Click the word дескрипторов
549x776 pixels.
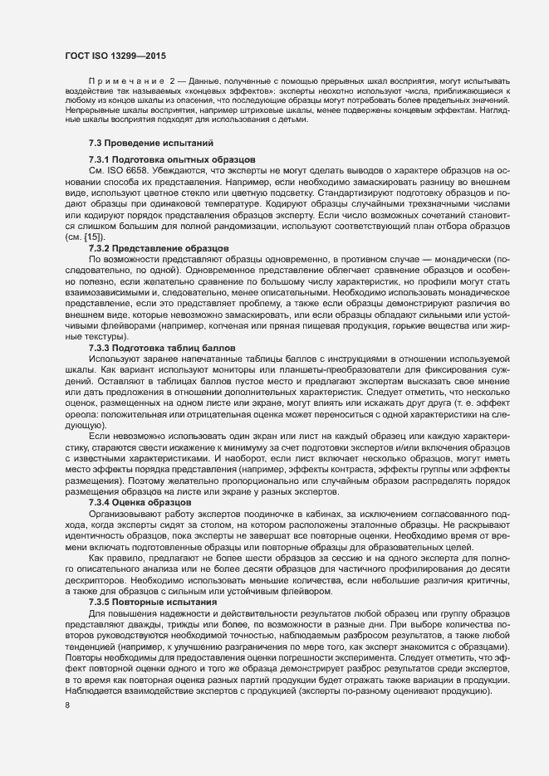point(91,581)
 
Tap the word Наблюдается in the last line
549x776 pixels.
point(92,691)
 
